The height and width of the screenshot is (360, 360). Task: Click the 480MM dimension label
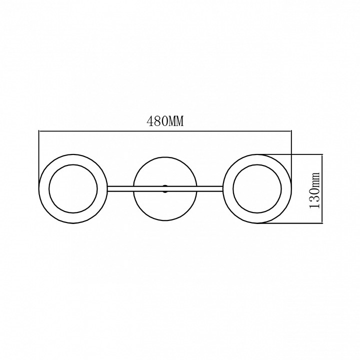[165, 121]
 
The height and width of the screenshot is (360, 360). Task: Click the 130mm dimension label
[314, 190]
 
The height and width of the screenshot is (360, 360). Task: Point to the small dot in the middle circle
[165, 188]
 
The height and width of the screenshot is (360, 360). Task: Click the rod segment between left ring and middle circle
[120, 188]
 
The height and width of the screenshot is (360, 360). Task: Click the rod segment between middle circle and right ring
[209, 188]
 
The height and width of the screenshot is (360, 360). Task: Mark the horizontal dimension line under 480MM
[165, 131]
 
